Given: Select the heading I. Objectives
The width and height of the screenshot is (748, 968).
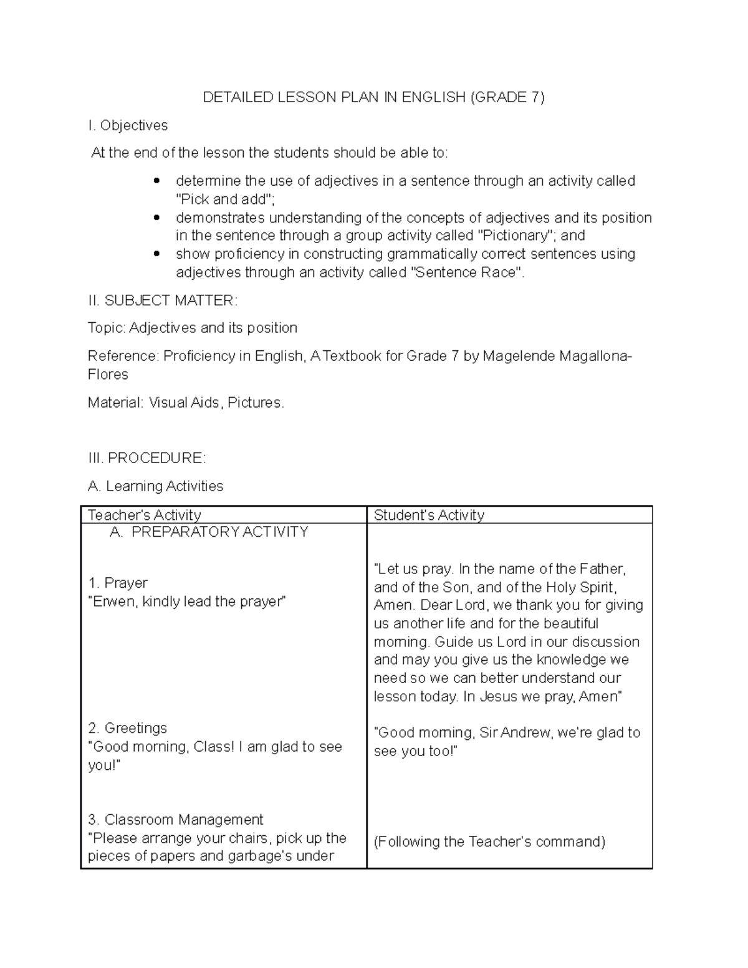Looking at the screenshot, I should [128, 125].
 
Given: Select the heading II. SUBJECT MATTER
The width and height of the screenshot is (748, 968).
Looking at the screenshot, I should [163, 300].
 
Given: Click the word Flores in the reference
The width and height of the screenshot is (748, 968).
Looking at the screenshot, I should [108, 375].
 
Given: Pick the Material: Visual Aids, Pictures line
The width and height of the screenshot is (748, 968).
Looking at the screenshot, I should [186, 403].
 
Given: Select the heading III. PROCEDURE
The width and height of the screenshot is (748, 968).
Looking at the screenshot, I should [146, 458].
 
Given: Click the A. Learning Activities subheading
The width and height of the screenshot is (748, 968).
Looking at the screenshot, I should [155, 486].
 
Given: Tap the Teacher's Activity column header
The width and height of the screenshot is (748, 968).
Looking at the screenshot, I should [145, 515].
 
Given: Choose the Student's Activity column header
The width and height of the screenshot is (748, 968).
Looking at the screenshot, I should [429, 515].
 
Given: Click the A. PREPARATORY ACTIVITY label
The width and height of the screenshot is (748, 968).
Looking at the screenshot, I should [209, 532].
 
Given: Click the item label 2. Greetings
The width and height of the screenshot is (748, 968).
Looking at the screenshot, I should [128, 728].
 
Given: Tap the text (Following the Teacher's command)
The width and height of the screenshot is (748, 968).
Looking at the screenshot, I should [489, 841].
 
